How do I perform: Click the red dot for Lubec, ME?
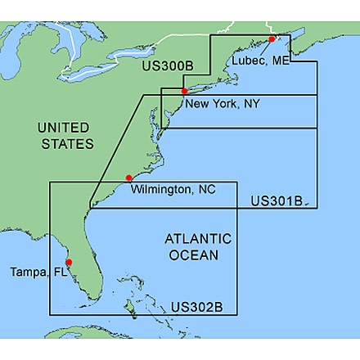click(272, 39)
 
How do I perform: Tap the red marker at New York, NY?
click(185, 91)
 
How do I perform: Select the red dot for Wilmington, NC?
click(128, 178)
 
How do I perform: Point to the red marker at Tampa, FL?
click(69, 263)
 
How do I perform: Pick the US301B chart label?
click(277, 200)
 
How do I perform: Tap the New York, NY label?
click(223, 104)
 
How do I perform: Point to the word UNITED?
click(65, 128)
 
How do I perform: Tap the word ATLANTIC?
click(198, 239)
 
